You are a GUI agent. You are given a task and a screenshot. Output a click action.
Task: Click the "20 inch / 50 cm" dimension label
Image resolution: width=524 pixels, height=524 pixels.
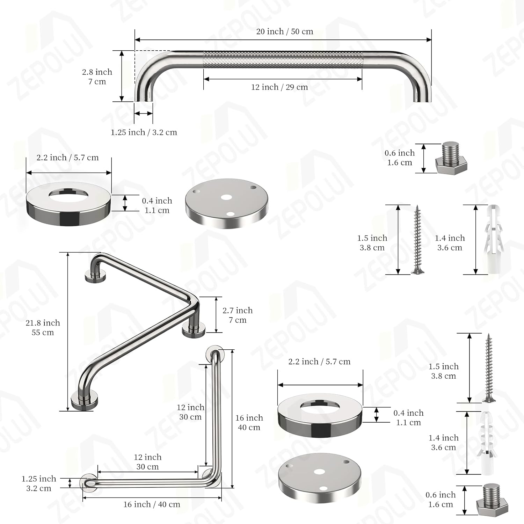pyautogui.click(x=284, y=32)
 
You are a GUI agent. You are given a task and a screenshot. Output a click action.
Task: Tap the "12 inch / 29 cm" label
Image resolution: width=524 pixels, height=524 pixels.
pyautogui.click(x=279, y=87)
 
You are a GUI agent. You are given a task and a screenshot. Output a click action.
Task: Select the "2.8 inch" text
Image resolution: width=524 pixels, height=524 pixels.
pyautogui.click(x=97, y=72)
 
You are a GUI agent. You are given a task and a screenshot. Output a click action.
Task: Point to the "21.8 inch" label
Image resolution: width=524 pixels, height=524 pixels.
pyautogui.click(x=43, y=323)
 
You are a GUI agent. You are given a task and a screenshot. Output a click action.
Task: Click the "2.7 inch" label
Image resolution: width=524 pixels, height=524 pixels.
pyautogui.click(x=237, y=311)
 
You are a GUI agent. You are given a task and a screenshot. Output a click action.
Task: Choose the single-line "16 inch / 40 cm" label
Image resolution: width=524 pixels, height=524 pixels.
pyautogui.click(x=152, y=504)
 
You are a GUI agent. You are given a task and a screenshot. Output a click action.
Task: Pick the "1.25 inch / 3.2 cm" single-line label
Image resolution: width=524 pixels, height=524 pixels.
pyautogui.click(x=144, y=132)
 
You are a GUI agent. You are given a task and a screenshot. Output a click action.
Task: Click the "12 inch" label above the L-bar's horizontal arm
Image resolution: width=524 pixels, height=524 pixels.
pyautogui.click(x=147, y=457)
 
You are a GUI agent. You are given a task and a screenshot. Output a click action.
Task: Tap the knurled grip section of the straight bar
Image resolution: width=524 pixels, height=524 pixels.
pyautogui.click(x=283, y=60)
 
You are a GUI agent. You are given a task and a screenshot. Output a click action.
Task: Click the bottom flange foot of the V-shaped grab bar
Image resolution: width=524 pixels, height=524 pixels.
pyautogui.click(x=84, y=402)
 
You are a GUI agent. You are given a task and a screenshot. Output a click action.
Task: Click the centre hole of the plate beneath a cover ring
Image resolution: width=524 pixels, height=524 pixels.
pyautogui.click(x=319, y=472)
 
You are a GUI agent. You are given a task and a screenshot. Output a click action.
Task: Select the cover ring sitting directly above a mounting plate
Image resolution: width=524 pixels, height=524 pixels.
pyautogui.click(x=320, y=416)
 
